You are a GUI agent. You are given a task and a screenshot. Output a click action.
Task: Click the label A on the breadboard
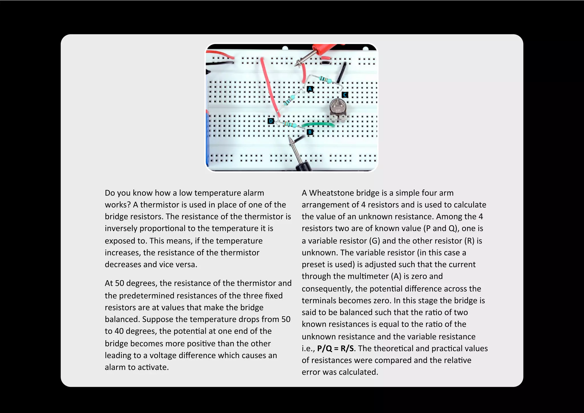(x=310, y=89)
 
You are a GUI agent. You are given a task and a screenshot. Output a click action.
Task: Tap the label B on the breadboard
(x=310, y=132)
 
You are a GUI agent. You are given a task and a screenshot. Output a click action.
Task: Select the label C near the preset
(x=345, y=95)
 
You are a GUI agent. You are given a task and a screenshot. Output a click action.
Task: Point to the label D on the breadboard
(x=271, y=121)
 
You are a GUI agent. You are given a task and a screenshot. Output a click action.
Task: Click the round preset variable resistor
(x=338, y=109)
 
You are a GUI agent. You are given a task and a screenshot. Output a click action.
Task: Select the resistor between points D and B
(x=289, y=125)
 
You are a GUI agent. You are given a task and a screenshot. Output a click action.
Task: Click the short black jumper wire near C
(x=341, y=73)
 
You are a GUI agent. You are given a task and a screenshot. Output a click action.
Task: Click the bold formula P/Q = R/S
(x=335, y=348)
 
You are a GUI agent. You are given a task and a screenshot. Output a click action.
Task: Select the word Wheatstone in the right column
(x=337, y=193)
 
